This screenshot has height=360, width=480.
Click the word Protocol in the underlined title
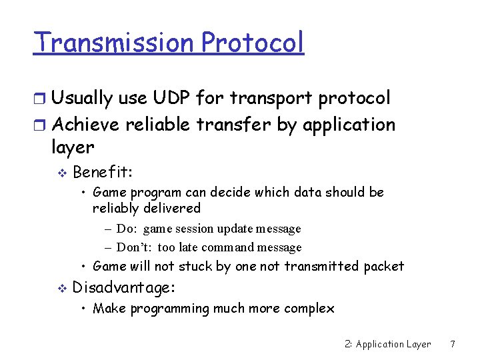pyautogui.click(x=253, y=42)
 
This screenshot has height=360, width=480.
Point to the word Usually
pyautogui.click(x=81, y=98)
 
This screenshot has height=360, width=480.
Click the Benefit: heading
pyautogui.click(x=103, y=173)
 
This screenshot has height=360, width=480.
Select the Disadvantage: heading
pyautogui.click(x=124, y=287)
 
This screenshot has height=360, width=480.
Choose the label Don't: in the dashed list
pyautogui.click(x=135, y=247)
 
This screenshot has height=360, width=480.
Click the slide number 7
pyautogui.click(x=453, y=344)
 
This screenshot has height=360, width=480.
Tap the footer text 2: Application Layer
pyautogui.click(x=388, y=344)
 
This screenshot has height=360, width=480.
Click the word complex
pyautogui.click(x=309, y=308)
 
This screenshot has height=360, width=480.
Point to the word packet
pyautogui.click(x=384, y=266)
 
